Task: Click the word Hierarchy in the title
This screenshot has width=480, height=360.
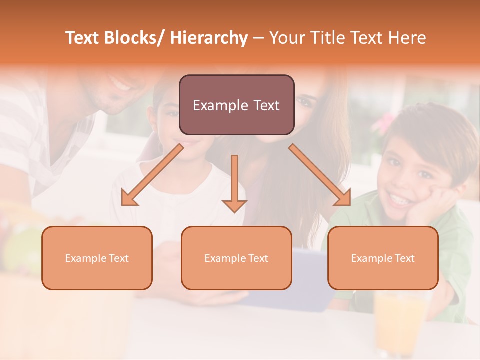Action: [x=209, y=38]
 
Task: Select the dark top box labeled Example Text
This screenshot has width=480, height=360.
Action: [x=236, y=105]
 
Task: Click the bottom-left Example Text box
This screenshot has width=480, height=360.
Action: [x=97, y=258]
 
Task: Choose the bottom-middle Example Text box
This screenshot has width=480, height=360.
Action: [x=236, y=258]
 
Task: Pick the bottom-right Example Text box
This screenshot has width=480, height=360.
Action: [x=383, y=258]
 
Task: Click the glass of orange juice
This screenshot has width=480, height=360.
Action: [x=398, y=320]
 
